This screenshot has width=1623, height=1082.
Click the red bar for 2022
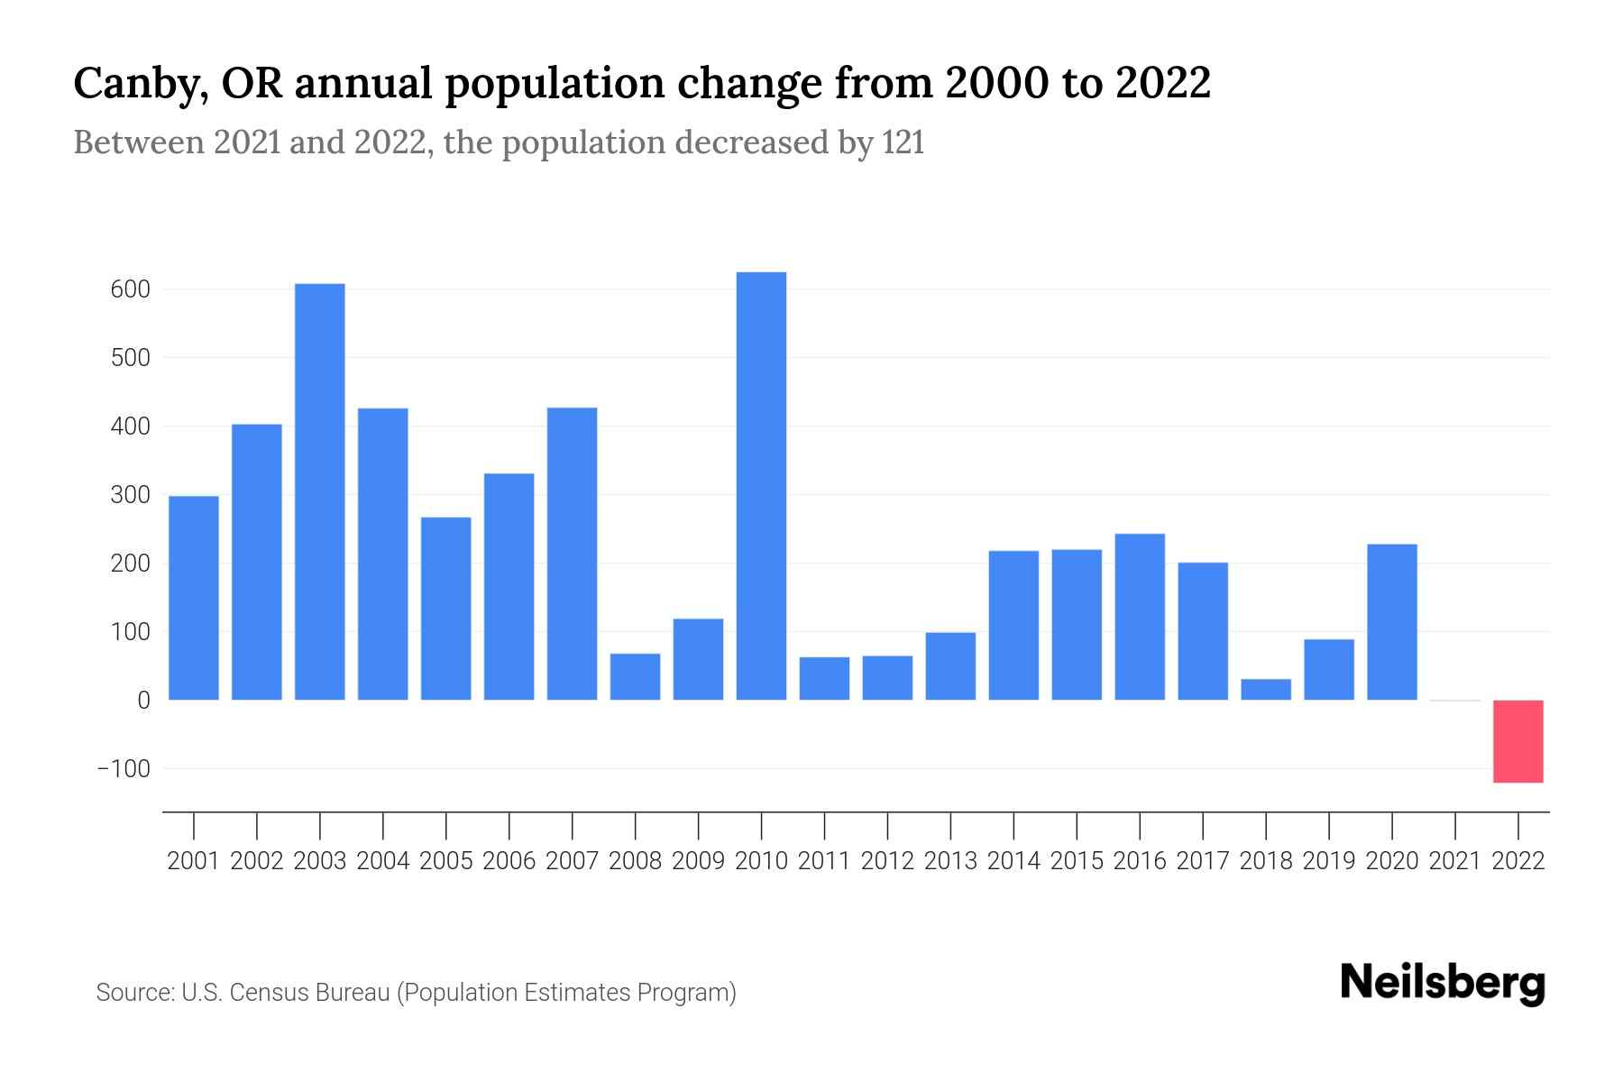tap(1518, 741)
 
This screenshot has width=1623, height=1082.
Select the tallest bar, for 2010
tap(761, 487)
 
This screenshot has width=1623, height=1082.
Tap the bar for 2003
tap(320, 492)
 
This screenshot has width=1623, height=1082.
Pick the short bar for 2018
tap(1266, 690)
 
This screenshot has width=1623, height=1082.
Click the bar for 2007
tap(572, 554)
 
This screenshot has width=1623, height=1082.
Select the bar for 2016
tap(1140, 617)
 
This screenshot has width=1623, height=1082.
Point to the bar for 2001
tap(194, 598)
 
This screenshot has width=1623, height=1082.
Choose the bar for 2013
tap(950, 666)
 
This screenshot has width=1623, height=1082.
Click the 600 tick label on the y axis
tap(131, 290)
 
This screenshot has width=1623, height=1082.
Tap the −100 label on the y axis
tap(124, 769)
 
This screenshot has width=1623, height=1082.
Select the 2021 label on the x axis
tap(1455, 861)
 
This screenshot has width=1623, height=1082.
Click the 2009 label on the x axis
tap(698, 861)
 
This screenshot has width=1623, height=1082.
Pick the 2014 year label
tap(1013, 861)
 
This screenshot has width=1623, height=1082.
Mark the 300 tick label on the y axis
tap(131, 495)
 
